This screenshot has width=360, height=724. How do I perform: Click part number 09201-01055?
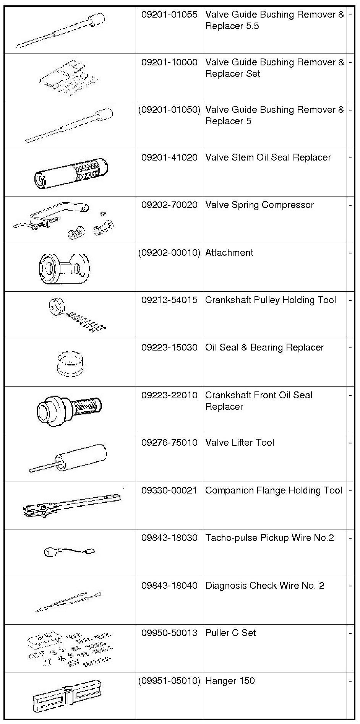click(x=169, y=15)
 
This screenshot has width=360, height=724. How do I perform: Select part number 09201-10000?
click(x=169, y=62)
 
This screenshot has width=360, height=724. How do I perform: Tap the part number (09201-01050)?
click(x=169, y=110)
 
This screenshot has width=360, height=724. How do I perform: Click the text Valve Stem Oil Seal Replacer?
click(x=268, y=157)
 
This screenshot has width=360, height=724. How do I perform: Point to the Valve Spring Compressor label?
click(x=259, y=205)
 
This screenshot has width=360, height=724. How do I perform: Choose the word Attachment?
click(x=229, y=253)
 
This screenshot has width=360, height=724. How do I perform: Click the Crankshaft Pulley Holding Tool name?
click(x=271, y=300)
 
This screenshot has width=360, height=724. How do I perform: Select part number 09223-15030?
click(x=169, y=347)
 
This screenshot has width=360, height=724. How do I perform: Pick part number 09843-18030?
click(x=169, y=538)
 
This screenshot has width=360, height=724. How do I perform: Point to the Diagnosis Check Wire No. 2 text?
click(x=264, y=586)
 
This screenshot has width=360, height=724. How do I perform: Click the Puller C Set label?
click(x=230, y=633)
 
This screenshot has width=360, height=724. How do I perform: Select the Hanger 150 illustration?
click(x=67, y=696)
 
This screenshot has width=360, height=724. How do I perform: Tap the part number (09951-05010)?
click(x=169, y=681)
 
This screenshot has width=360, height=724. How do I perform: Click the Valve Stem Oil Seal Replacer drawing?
click(x=71, y=172)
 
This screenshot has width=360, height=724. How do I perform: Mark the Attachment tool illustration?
click(x=64, y=268)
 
